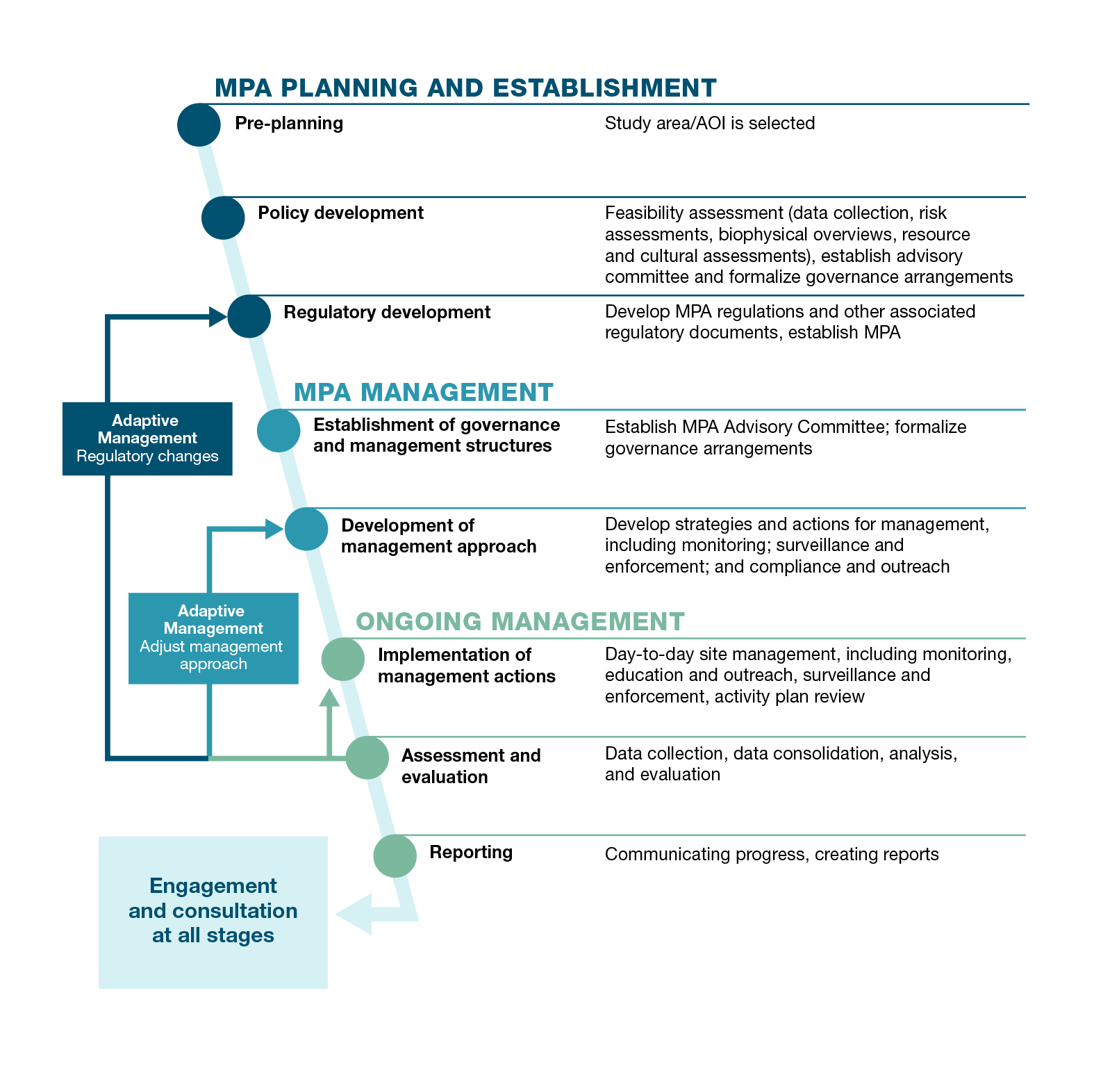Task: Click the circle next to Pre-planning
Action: [x=199, y=125]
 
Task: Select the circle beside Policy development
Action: [x=223, y=218]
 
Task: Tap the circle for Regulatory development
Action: [x=249, y=316]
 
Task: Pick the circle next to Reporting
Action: [x=395, y=855]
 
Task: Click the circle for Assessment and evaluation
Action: [x=367, y=757]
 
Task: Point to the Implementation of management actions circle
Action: [x=342, y=659]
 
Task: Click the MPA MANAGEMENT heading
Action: [x=423, y=393]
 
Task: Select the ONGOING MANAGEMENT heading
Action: [x=520, y=621]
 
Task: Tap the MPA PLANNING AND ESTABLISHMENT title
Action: [x=465, y=88]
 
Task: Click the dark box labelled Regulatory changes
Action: [x=147, y=438]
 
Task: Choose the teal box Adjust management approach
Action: [x=213, y=638]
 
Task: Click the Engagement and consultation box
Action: [x=213, y=911]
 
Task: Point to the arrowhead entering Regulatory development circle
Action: [x=218, y=317]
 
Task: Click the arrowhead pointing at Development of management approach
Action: [x=274, y=530]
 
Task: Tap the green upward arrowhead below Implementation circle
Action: [x=329, y=698]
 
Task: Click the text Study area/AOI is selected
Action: [x=709, y=124]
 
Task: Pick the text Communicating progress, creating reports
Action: [x=771, y=854]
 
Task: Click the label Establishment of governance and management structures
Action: [x=436, y=435]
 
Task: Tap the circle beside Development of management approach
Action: [x=306, y=529]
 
